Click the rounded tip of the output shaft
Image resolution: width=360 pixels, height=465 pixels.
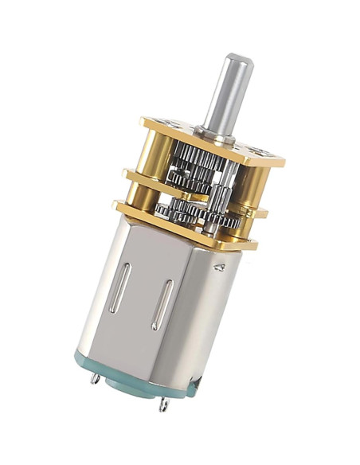coord(238,61)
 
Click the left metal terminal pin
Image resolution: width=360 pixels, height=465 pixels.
coord(96,379)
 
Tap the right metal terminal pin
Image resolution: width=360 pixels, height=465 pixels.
coord(164,405)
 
